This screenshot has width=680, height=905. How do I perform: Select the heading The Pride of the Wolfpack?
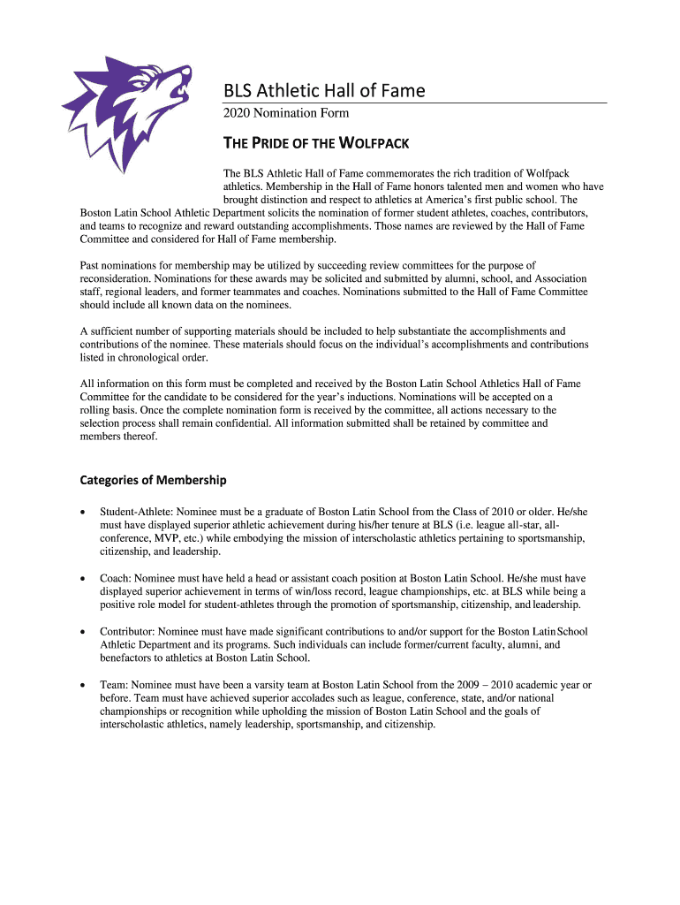314,142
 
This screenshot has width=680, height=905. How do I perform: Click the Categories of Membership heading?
153,480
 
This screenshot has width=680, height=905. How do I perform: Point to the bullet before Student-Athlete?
83,512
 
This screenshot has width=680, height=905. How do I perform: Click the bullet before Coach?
83,578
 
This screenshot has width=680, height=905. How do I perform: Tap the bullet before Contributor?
83,632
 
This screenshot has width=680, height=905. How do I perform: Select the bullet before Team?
83,685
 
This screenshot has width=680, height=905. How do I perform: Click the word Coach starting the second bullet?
115,578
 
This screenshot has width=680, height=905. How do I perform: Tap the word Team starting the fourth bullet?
112,685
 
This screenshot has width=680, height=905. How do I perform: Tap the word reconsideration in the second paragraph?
117,278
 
